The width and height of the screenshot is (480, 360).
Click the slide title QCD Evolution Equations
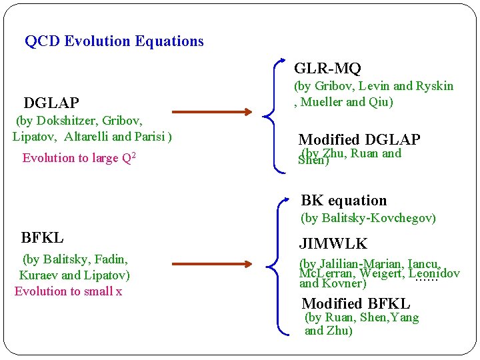pos(114,41)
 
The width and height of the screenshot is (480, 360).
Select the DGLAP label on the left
pos(51,103)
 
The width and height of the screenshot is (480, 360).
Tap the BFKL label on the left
pos(43,238)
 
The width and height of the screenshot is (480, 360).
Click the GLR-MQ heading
pos(327,69)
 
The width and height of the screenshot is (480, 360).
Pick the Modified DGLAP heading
pos(359,140)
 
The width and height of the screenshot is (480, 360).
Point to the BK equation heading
pos(343,201)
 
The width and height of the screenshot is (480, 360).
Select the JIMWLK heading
pos(333,244)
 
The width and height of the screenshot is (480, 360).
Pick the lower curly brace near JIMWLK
pos(270,267)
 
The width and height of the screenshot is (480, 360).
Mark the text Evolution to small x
pos(68,291)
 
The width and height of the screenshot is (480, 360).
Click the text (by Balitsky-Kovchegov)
pos(368,218)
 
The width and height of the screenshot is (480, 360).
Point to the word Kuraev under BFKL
pos(39,275)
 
